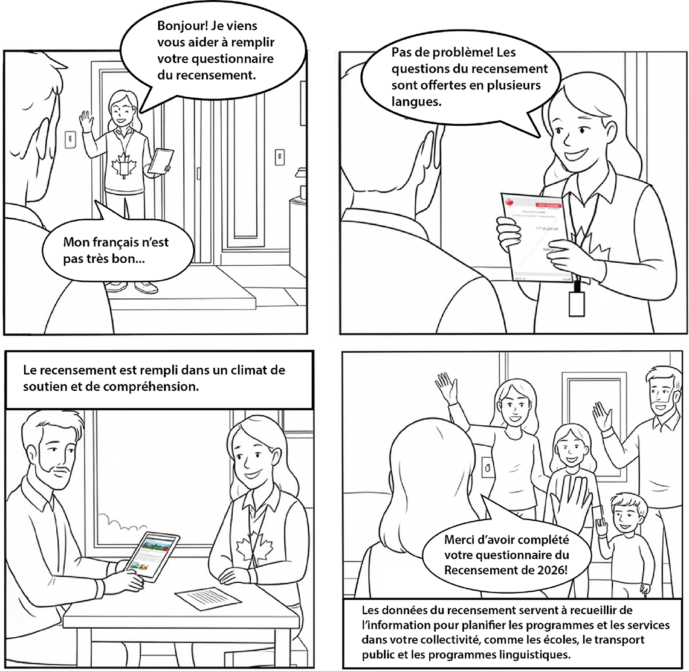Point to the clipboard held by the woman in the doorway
(160, 161)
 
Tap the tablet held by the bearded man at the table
(148, 556)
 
